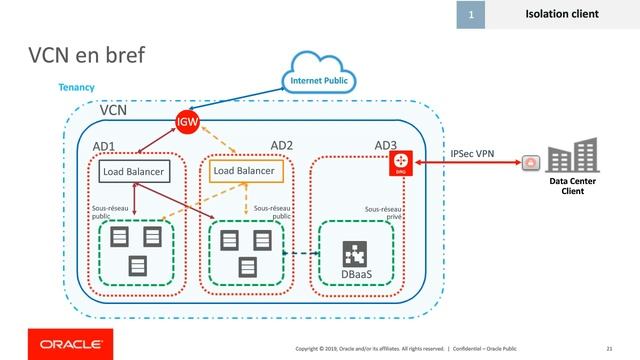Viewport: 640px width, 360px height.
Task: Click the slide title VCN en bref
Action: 87,56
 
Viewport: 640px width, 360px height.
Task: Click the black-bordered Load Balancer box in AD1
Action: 134,172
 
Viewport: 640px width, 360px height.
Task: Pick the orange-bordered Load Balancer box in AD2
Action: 244,171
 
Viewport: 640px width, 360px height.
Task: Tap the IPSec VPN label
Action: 472,153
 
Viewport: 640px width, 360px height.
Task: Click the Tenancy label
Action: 77,88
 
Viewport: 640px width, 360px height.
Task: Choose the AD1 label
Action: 104,147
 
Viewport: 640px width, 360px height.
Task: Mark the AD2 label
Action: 282,146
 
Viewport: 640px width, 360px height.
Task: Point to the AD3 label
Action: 386,146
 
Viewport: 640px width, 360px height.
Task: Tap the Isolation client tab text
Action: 562,14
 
